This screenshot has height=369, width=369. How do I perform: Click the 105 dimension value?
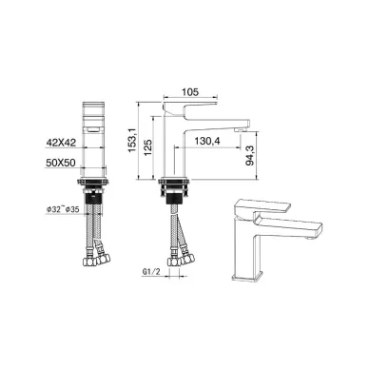pos(190,91)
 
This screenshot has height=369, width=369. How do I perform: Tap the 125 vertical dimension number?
pos(148,147)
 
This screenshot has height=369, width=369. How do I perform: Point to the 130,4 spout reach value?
pos(207,141)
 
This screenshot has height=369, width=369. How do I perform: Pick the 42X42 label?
pos(61,143)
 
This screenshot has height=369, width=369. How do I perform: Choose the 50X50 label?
pos(61,163)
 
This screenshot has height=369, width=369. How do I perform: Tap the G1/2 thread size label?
pos(150,272)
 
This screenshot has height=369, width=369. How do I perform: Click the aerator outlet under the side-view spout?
pos(241,129)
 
